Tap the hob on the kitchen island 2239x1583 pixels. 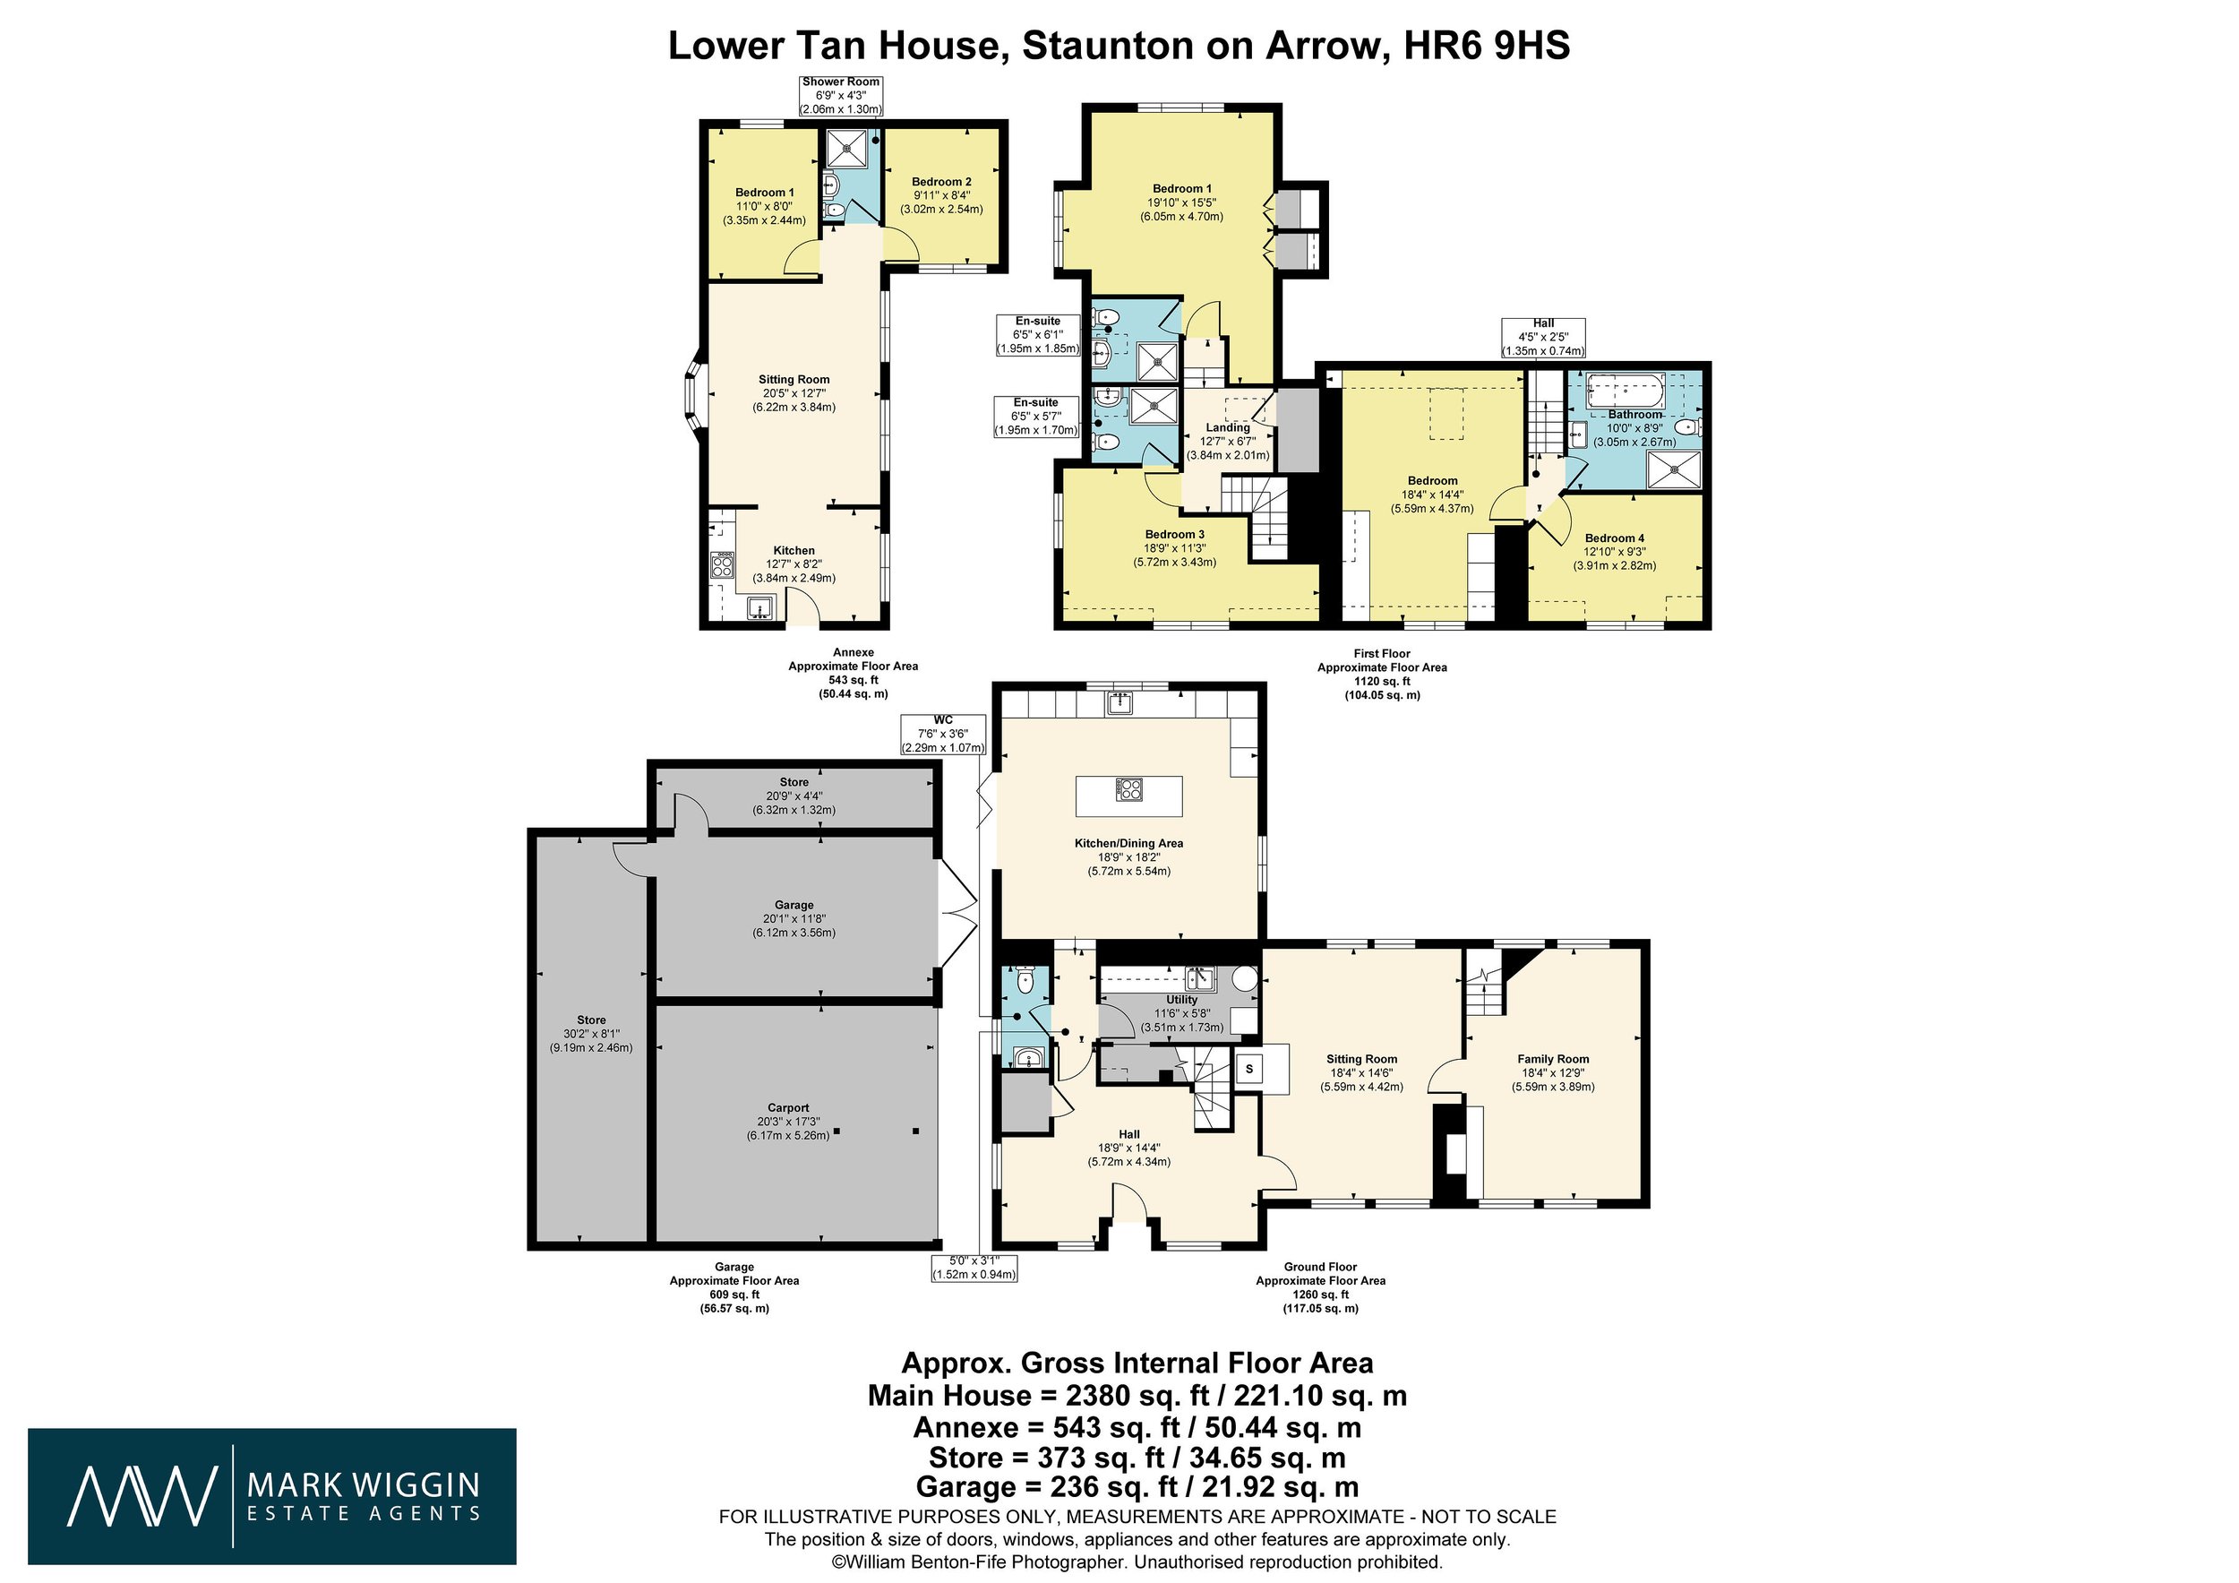[1129, 788]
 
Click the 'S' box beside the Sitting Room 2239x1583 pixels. [1249, 1068]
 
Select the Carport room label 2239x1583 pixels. [788, 1107]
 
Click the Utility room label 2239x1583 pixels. [1182, 1000]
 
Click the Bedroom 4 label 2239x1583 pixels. [1615, 538]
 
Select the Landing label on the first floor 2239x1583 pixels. [1228, 427]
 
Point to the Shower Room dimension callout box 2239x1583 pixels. [841, 96]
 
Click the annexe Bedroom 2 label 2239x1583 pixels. [941, 182]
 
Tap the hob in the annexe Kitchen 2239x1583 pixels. [723, 565]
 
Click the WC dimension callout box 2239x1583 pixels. [943, 735]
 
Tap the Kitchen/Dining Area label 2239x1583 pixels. [1129, 843]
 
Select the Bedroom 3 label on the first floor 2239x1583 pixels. [1174, 535]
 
